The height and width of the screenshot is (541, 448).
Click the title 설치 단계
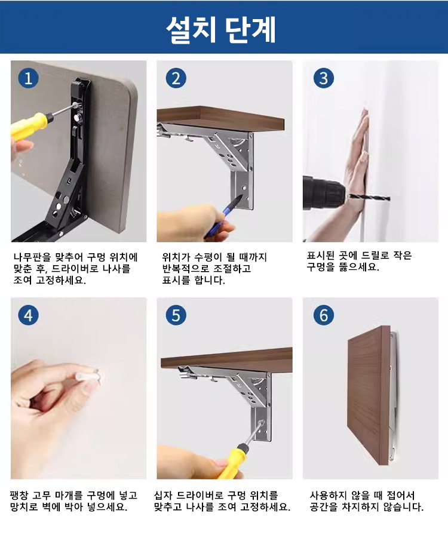click(221, 29)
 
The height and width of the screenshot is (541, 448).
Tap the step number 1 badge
click(28, 78)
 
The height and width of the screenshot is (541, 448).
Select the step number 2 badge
click(176, 78)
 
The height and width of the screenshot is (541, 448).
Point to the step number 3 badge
click(323, 78)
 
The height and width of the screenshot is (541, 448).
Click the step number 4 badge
click(28, 315)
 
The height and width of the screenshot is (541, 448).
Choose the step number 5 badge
click(176, 315)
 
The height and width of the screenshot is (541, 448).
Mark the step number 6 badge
click(323, 315)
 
